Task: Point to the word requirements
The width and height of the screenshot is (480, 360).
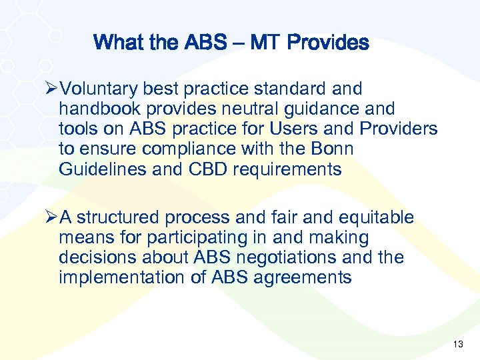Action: (x=287, y=169)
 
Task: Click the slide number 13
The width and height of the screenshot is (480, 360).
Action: (x=457, y=344)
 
